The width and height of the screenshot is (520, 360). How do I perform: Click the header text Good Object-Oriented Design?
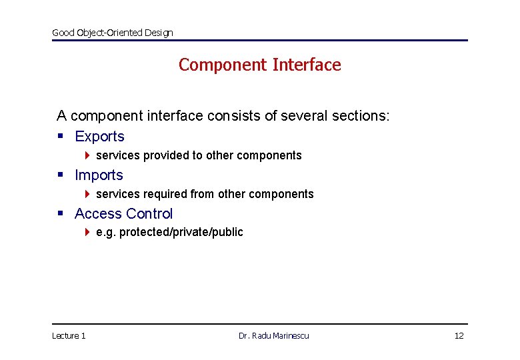coord(112,33)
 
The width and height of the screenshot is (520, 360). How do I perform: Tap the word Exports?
coord(99,137)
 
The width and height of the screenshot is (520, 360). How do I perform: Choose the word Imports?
coord(99,175)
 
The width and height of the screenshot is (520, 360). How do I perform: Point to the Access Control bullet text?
coord(123,214)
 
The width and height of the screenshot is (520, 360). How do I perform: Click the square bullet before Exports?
coord(60,137)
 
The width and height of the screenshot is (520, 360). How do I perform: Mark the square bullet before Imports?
coord(60,175)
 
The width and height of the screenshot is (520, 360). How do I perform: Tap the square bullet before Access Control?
coord(60,214)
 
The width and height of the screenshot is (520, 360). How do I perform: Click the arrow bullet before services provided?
coord(88,155)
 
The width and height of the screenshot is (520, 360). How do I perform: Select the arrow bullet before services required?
coord(88,194)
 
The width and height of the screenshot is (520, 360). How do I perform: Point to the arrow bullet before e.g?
coord(88,232)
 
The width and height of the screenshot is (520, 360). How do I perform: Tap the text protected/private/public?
coord(181,232)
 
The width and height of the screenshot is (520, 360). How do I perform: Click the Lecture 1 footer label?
coord(69,335)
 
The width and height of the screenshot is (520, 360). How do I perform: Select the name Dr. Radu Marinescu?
coord(273,335)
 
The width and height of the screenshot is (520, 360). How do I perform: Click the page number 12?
coord(459,335)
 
